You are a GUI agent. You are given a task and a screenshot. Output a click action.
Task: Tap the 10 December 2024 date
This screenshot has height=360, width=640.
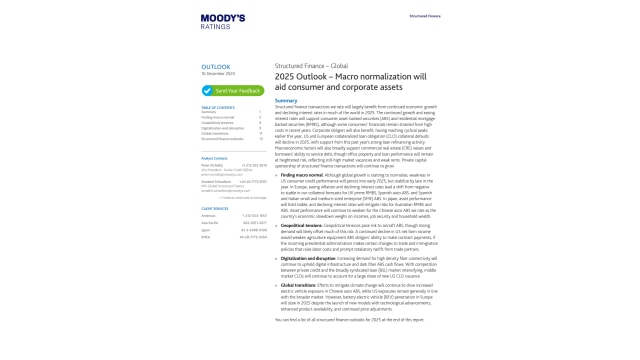pyautogui.click(x=217, y=74)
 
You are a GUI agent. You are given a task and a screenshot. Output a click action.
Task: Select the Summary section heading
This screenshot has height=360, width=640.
pyautogui.click(x=286, y=100)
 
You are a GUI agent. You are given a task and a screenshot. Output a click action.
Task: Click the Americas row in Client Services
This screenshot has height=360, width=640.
pyautogui.click(x=208, y=216)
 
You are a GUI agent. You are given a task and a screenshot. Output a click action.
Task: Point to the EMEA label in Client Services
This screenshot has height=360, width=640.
pyautogui.click(x=206, y=238)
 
